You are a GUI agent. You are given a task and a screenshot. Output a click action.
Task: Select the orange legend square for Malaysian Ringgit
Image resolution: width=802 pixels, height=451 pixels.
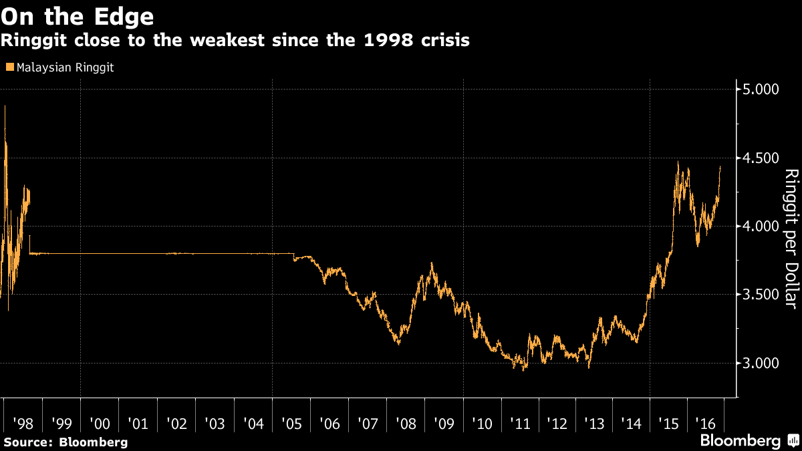pos(9,67)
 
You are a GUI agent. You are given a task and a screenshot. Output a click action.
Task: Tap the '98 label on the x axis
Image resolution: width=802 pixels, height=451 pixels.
pos(23,423)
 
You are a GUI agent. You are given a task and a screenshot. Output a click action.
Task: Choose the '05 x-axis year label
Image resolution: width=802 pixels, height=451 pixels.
pos(291,423)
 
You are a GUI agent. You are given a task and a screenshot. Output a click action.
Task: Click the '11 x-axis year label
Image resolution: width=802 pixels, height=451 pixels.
pos(521,423)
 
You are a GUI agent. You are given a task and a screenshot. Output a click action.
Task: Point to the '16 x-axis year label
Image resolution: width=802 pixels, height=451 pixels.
pos(706,423)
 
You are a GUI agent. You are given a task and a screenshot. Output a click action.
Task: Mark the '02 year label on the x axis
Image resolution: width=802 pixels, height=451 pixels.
pos(176,423)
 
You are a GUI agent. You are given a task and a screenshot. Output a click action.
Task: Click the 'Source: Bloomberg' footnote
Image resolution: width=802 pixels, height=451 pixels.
pos(65,442)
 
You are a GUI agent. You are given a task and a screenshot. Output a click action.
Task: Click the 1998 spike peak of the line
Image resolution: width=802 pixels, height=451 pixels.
pos(5,106)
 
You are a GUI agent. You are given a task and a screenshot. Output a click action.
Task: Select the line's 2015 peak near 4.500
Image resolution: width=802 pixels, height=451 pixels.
pos(678,162)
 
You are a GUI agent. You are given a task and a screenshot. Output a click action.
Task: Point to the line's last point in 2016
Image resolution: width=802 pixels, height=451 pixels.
pos(720,167)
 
